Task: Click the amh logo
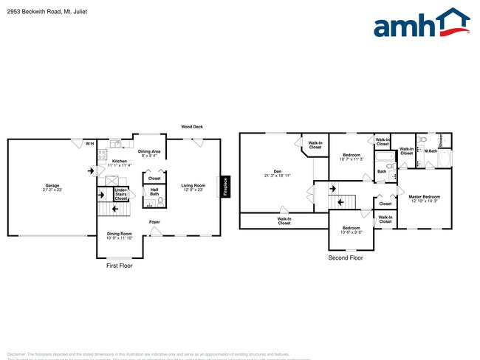coord(422,23)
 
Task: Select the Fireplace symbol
coord(225,187)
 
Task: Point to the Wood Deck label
coord(192,127)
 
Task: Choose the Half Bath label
coord(154,192)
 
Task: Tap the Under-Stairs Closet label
coord(120,194)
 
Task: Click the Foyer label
coord(154,221)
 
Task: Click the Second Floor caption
coord(346,258)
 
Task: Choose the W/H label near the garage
coord(89,143)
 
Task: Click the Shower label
coord(442,139)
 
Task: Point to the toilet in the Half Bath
coord(160,201)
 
